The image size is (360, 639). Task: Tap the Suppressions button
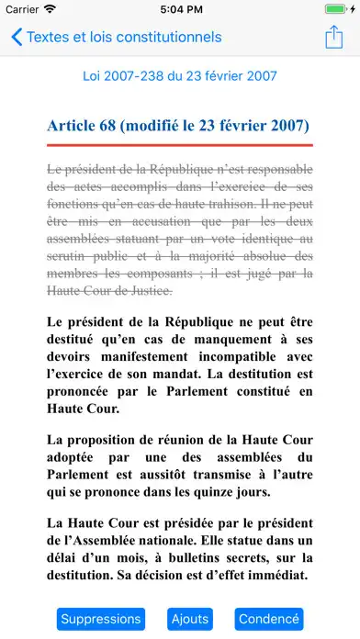pos(100,618)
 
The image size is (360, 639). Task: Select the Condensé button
pos(269,618)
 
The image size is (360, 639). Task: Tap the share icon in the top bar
pos(332,38)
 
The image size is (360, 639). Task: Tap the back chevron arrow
pos(17,38)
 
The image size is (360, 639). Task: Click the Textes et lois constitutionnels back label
pos(124,38)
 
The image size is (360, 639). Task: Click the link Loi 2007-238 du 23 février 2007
pos(180,76)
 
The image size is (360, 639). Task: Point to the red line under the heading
pos(180,145)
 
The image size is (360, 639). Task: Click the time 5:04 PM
pos(180,9)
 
